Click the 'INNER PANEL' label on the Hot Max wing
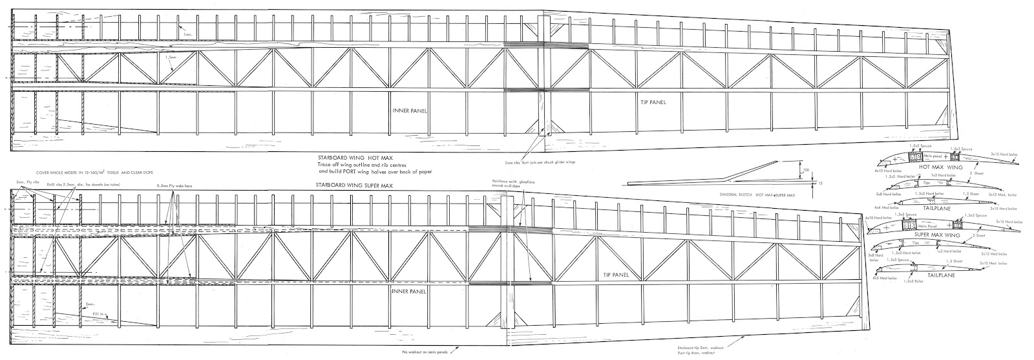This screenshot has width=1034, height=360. tap(410, 111)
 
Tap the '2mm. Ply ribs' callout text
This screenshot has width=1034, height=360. tap(30, 184)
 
